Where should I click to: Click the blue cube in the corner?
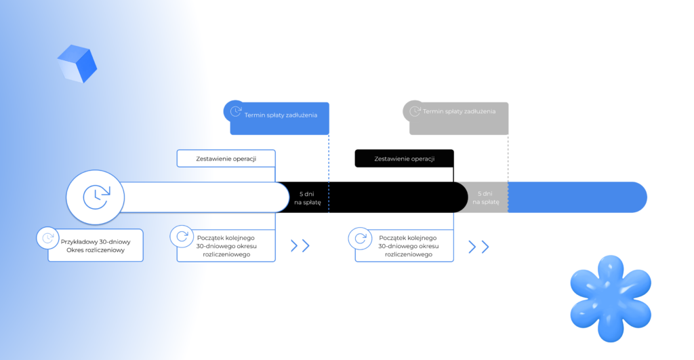tap(77, 63)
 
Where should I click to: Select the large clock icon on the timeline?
tap(96, 197)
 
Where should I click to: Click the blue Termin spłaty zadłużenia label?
tap(280, 115)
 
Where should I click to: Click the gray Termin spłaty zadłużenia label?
tap(459, 111)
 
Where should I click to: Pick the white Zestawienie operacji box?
tap(226, 159)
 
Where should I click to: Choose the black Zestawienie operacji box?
tap(404, 159)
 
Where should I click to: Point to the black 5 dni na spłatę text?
tap(306, 197)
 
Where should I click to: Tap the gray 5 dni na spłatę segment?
tap(486, 197)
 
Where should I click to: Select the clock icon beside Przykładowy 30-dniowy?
tap(48, 238)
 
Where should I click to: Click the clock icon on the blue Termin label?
tap(235, 111)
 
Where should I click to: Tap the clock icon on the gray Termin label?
tap(415, 111)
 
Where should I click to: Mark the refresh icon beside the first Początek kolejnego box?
tap(181, 237)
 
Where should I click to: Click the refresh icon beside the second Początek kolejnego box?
tap(360, 238)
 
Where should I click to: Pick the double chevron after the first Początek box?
tap(300, 245)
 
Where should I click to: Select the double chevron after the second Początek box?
tap(478, 247)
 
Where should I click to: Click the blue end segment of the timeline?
tap(576, 197)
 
